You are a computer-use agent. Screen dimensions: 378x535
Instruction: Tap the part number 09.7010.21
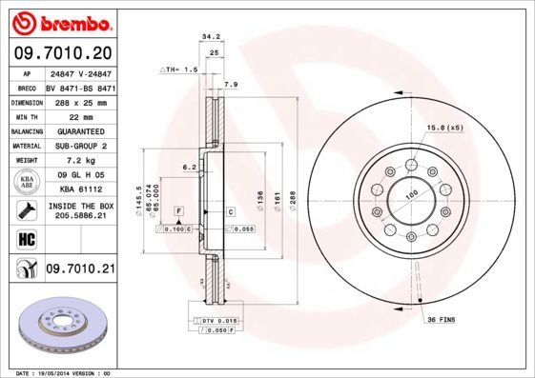[79, 270]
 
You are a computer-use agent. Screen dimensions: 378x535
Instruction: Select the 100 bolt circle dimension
[413, 196]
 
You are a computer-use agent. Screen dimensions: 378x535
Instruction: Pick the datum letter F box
[178, 210]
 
